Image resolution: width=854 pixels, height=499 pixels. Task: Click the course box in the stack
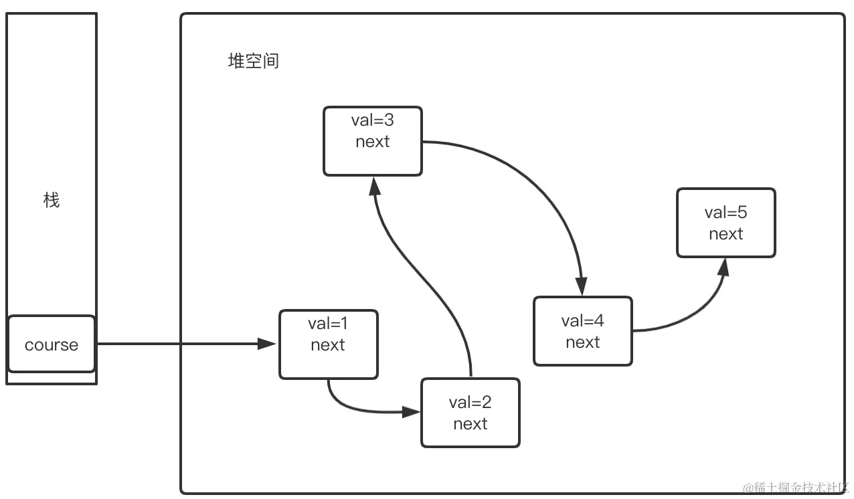pyautogui.click(x=52, y=344)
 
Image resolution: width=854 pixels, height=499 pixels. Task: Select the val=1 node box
pyautogui.click(x=328, y=344)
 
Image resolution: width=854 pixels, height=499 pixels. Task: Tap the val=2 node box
pyautogui.click(x=471, y=413)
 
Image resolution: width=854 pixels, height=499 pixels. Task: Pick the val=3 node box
pyautogui.click(x=373, y=141)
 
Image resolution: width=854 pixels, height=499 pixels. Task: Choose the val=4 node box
pyautogui.click(x=583, y=331)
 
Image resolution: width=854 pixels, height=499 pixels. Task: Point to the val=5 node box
pyautogui.click(x=726, y=223)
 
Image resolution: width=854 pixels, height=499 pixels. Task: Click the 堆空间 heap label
pyautogui.click(x=254, y=61)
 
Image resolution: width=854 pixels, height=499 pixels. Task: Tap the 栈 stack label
pyautogui.click(x=52, y=200)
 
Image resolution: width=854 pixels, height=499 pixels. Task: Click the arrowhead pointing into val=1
pyautogui.click(x=266, y=344)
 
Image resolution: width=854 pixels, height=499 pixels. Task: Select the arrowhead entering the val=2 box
pyautogui.click(x=411, y=412)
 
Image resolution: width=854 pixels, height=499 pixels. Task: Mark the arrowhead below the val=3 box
pyautogui.click(x=375, y=187)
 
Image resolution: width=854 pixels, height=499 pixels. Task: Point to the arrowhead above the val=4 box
pyautogui.click(x=582, y=286)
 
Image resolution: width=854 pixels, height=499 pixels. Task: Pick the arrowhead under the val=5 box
pyautogui.click(x=723, y=268)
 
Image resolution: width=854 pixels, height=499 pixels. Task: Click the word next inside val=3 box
pyautogui.click(x=373, y=142)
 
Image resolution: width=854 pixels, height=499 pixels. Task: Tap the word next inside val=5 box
pyautogui.click(x=726, y=234)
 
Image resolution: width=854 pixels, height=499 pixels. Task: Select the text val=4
pyautogui.click(x=583, y=320)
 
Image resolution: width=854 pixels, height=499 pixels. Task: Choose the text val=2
pyautogui.click(x=471, y=402)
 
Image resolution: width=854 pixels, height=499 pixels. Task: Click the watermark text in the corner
pyautogui.click(x=796, y=487)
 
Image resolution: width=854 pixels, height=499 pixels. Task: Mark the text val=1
pyautogui.click(x=328, y=323)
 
